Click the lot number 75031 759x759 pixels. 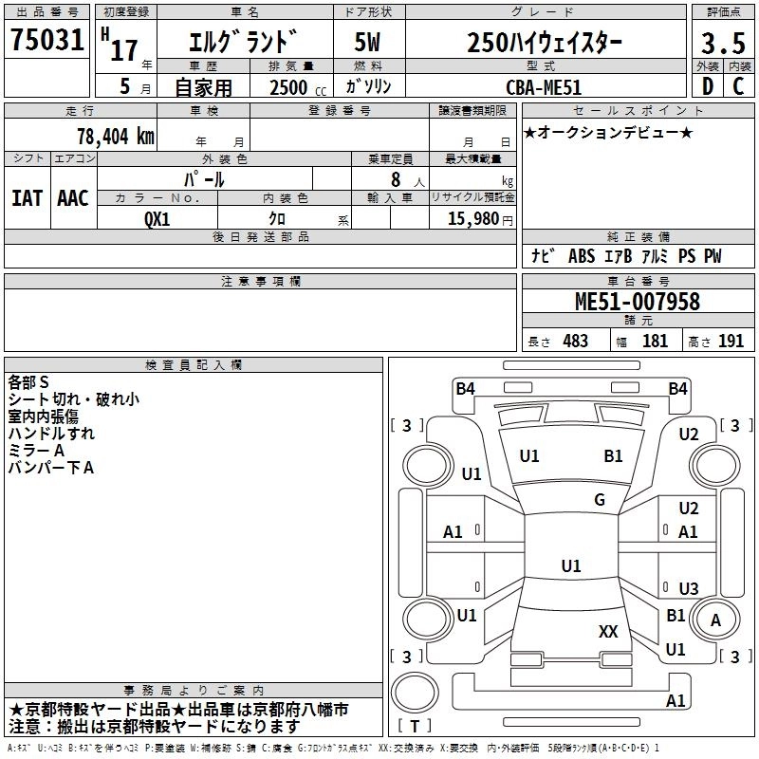[47, 41]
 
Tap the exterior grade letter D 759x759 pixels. [707, 85]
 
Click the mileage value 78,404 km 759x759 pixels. [115, 136]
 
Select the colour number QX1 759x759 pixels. [157, 217]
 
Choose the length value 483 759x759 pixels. [575, 341]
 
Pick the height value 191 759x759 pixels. [731, 341]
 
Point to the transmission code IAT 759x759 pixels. [27, 197]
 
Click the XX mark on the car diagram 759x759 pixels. [608, 631]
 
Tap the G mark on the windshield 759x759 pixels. [600, 500]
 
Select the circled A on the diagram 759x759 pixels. [716, 620]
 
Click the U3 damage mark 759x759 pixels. [689, 588]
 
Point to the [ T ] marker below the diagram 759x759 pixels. [415, 727]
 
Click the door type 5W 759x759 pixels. [368, 44]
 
